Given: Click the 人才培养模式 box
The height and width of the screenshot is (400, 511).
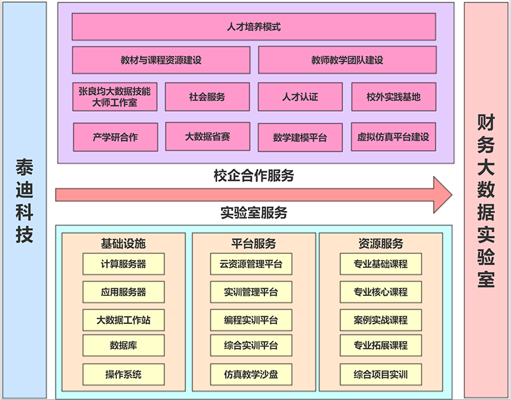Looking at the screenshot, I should [x=254, y=27].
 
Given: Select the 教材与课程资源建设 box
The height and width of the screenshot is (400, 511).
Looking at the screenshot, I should [x=161, y=60].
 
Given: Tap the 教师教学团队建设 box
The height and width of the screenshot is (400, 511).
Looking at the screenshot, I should [x=347, y=60].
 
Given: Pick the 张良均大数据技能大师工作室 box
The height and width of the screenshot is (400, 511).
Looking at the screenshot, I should [x=115, y=96].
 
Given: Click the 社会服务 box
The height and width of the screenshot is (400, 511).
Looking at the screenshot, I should [x=207, y=97].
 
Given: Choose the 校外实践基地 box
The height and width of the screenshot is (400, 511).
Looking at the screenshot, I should [x=393, y=97].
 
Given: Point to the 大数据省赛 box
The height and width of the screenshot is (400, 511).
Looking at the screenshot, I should [x=207, y=136].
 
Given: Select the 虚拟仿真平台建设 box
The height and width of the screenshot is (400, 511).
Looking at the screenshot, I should [x=393, y=137].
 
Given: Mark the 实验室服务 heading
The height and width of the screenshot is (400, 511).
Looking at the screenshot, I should [x=254, y=212].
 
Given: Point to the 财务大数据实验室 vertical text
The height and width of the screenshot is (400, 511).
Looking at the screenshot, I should [x=486, y=200].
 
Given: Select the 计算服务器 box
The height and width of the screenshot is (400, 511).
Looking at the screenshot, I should [x=123, y=264].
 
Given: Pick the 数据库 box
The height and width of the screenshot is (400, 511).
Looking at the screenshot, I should [x=123, y=346].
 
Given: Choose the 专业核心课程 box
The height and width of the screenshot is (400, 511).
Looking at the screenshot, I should [x=381, y=292].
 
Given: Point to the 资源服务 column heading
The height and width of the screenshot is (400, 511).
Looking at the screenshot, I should [x=381, y=243].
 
